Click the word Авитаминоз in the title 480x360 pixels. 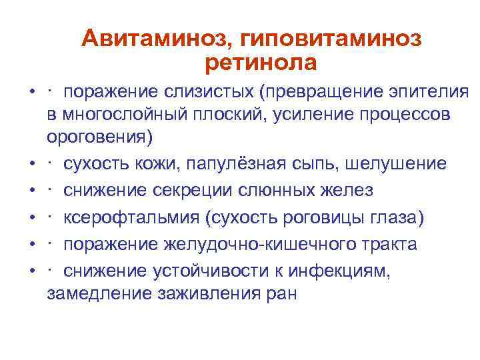[153, 39]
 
